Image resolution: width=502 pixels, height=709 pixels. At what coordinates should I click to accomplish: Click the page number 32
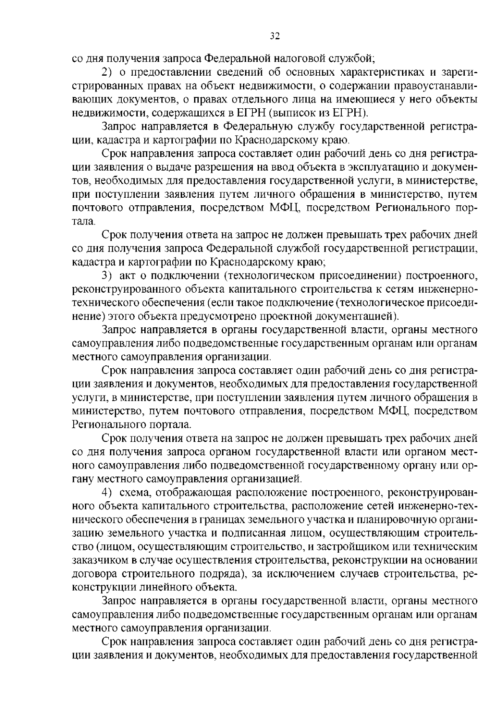click(x=274, y=36)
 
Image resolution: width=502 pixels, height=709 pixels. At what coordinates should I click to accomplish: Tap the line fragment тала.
click(x=84, y=222)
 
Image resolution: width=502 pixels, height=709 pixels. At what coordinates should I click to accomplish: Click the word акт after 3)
click(x=127, y=276)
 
